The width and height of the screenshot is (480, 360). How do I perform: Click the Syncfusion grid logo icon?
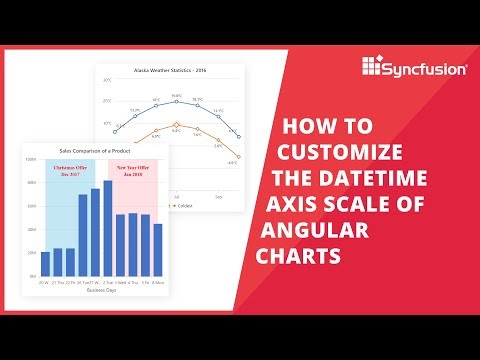pyautogui.click(x=372, y=67)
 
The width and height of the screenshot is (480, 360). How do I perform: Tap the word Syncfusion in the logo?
pyautogui.click(x=419, y=68)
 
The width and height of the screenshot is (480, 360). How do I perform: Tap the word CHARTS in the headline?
pyautogui.click(x=299, y=256)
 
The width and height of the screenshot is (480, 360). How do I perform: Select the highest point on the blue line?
pyautogui.click(x=176, y=101)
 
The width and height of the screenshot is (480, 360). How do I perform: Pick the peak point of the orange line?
pyautogui.click(x=176, y=129)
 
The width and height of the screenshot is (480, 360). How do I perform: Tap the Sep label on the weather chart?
pyautogui.click(x=218, y=171)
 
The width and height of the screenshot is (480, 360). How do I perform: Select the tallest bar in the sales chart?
pyautogui.click(x=108, y=228)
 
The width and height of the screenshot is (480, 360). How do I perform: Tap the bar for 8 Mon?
pyautogui.click(x=158, y=249)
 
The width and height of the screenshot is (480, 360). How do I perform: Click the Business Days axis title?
pyautogui.click(x=100, y=290)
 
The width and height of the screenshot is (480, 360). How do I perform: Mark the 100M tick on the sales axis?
pyautogui.click(x=31, y=160)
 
